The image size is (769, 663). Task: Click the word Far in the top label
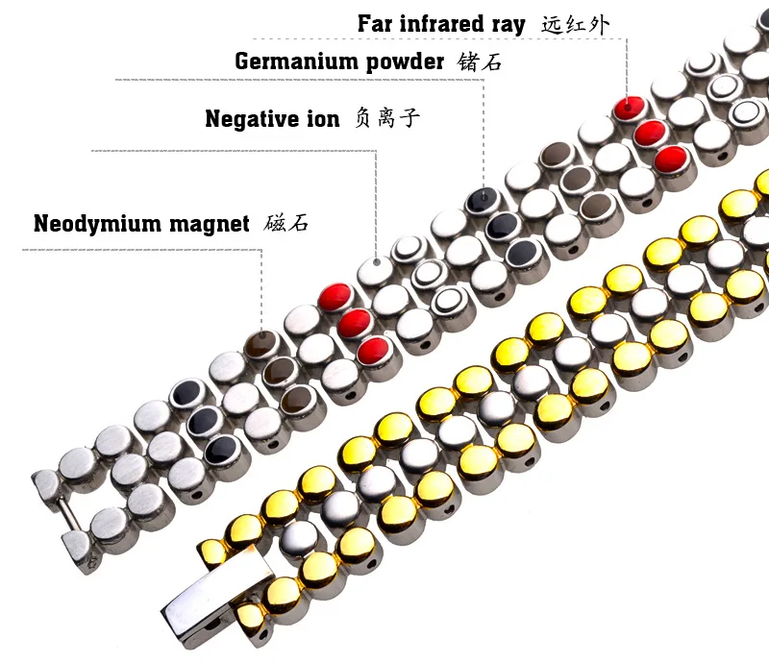pyautogui.click(x=377, y=23)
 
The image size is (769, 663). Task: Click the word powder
pyautogui.click(x=404, y=62)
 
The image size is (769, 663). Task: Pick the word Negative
pyautogui.click(x=251, y=119)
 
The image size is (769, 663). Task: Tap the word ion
pyautogui.click(x=323, y=119)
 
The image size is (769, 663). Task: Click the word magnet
pyautogui.click(x=211, y=225)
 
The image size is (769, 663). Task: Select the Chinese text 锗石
pyautogui.click(x=480, y=62)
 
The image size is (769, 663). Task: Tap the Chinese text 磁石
pyautogui.click(x=286, y=224)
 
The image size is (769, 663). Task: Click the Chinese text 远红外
pyautogui.click(x=576, y=23)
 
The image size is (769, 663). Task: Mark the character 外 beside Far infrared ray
pyautogui.click(x=598, y=23)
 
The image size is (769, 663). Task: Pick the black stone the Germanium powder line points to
pyautogui.click(x=482, y=202)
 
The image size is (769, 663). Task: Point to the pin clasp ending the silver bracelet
pyautogui.click(x=58, y=502)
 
